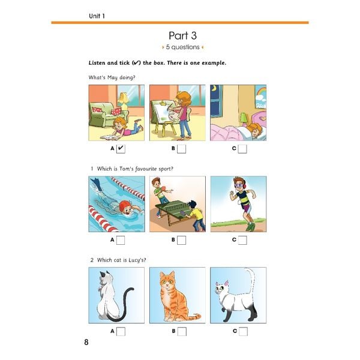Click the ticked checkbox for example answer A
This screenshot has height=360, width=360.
[x=121, y=149]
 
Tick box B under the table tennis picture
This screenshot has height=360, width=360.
[x=181, y=240]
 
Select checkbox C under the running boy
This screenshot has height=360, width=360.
[x=242, y=240]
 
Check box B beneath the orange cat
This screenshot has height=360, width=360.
[x=182, y=332]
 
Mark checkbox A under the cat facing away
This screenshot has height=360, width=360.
[x=121, y=332]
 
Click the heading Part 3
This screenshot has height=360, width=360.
[x=183, y=35]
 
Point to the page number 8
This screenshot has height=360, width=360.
[x=86, y=342]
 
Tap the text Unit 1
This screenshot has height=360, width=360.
[x=97, y=16]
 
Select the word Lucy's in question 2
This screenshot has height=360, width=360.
[x=137, y=260]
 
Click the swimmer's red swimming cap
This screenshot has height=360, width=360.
[x=124, y=205]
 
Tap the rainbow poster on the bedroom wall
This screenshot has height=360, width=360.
[x=260, y=97]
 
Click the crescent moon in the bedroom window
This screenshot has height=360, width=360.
[x=215, y=88]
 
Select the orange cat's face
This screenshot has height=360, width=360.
[x=167, y=281]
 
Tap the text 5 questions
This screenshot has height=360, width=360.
[x=183, y=47]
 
